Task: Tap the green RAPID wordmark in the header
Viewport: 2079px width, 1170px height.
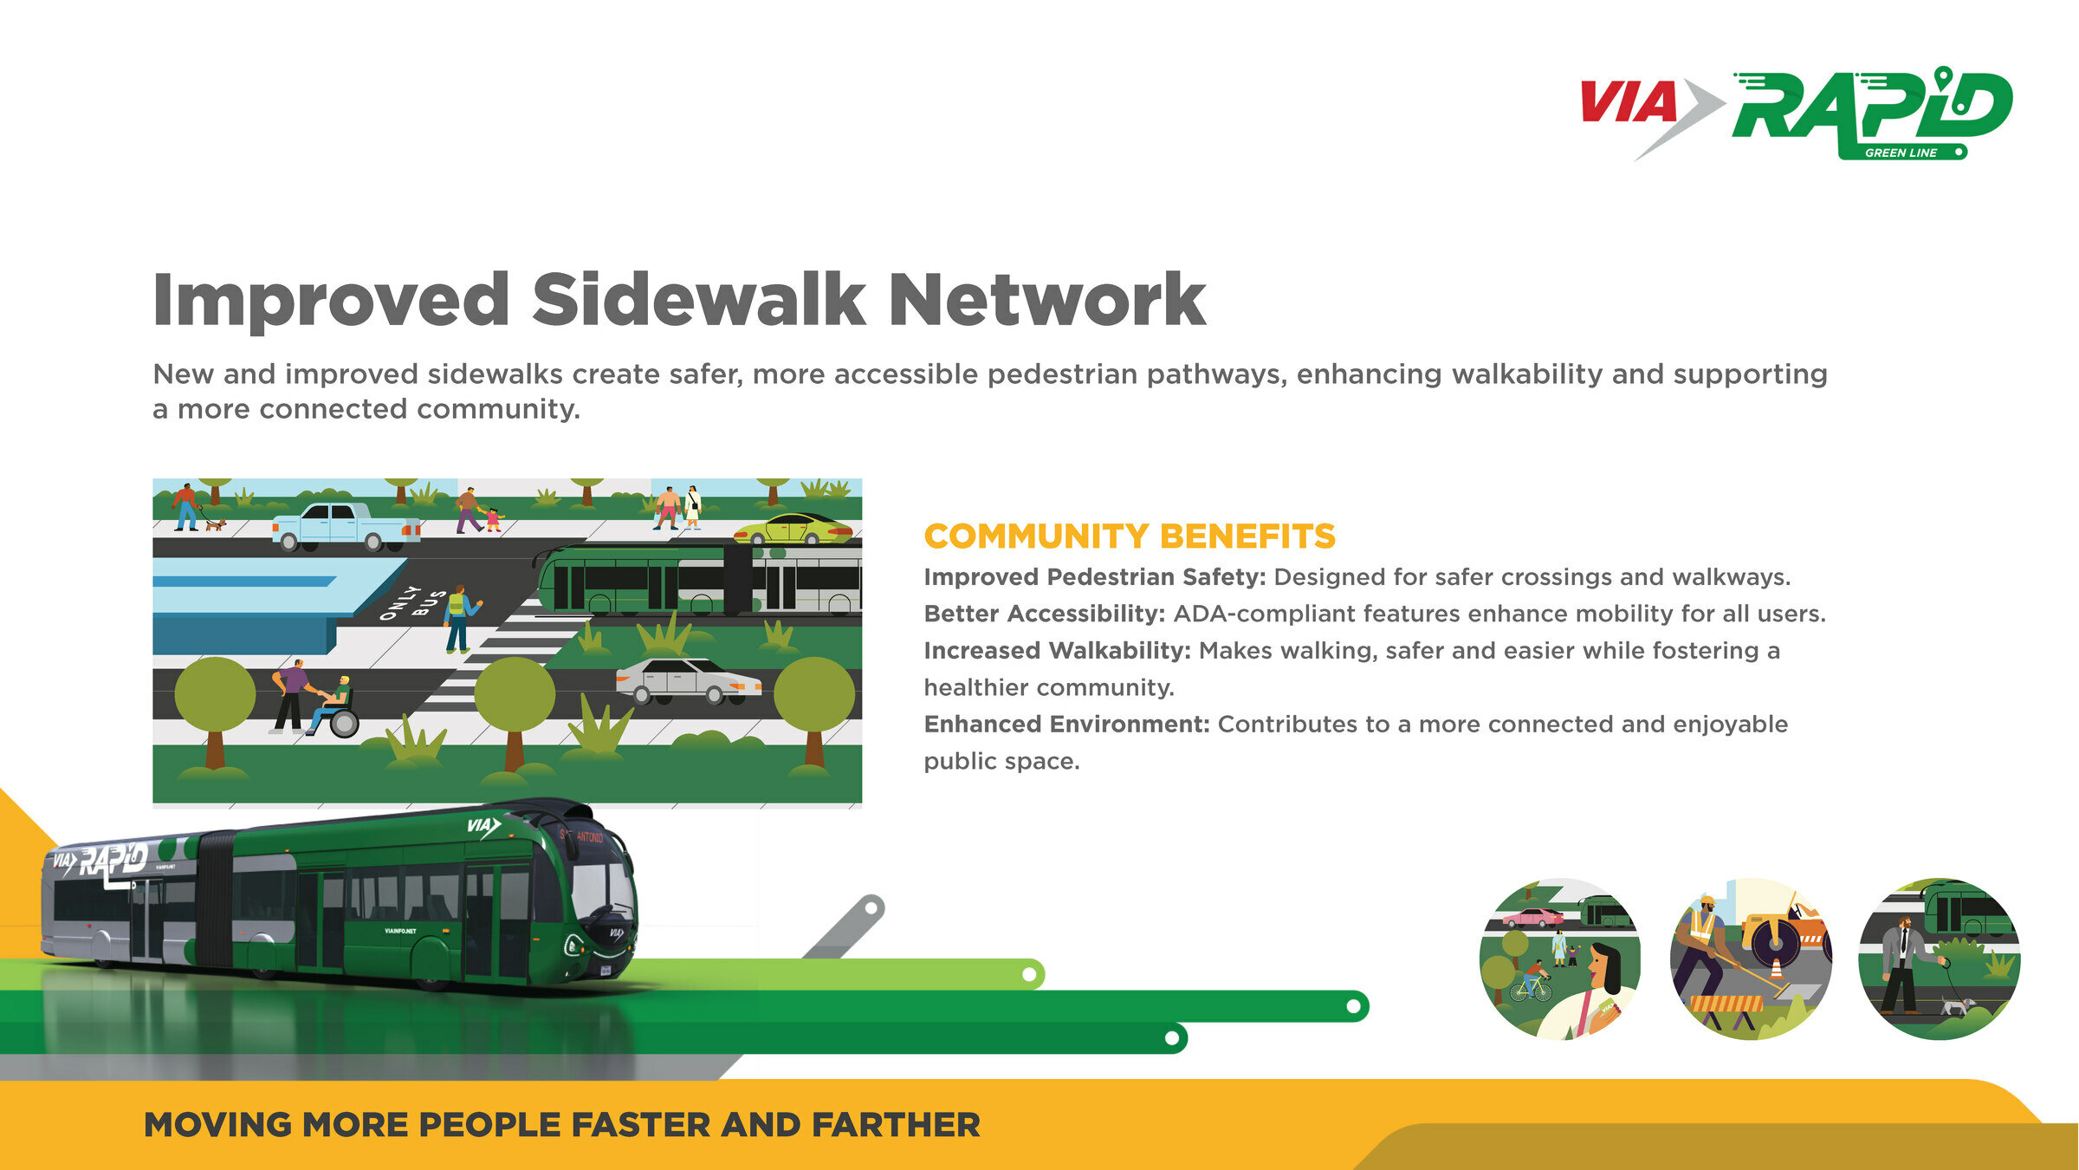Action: click(x=1871, y=108)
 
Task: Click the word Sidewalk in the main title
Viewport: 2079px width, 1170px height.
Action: click(x=698, y=300)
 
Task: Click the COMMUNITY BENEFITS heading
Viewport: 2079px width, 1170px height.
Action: click(x=1130, y=536)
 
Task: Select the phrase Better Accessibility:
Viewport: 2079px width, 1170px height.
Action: click(x=1045, y=614)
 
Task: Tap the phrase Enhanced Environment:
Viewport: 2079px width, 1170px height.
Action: click(x=1066, y=724)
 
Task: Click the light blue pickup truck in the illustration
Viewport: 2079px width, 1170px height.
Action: click(x=345, y=526)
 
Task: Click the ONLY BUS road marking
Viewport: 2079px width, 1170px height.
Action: click(x=414, y=602)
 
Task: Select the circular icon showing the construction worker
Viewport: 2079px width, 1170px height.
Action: click(x=1751, y=959)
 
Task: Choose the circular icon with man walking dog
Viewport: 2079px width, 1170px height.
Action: click(x=1940, y=959)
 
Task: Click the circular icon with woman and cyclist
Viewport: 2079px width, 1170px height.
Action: click(x=1560, y=959)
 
